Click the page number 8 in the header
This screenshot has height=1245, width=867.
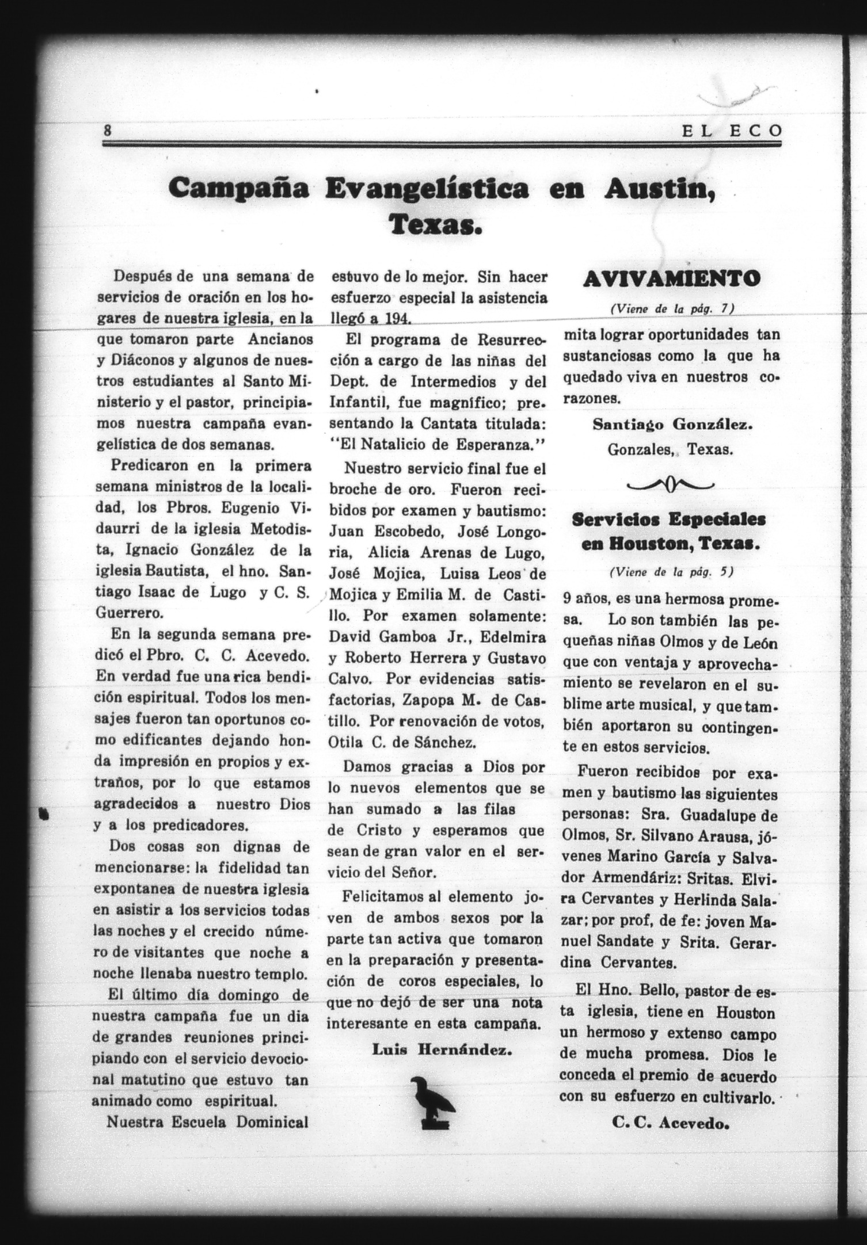(107, 130)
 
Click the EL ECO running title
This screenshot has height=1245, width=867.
(732, 131)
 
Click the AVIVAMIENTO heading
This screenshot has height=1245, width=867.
(671, 279)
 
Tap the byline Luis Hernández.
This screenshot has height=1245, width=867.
(442, 1049)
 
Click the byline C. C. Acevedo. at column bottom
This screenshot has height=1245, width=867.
(671, 1122)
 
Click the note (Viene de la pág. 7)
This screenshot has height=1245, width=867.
(672, 308)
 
